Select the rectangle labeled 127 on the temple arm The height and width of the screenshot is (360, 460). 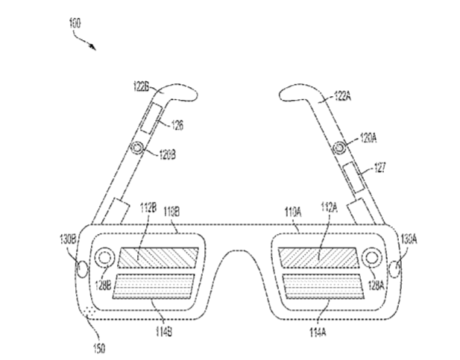click(350, 177)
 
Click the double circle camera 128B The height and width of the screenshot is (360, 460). click(103, 257)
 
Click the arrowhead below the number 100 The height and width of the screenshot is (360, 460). click(94, 48)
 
